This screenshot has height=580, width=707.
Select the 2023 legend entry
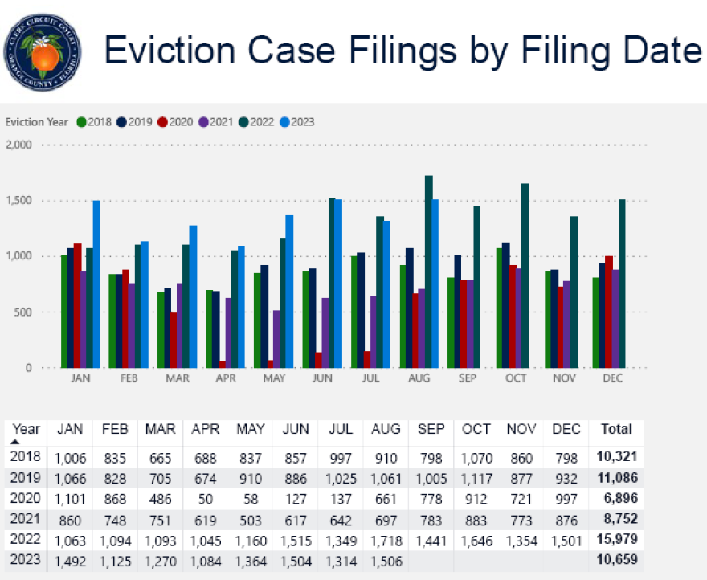tap(297, 122)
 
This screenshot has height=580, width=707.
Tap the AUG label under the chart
tap(418, 378)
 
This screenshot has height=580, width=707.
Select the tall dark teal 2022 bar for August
tap(429, 272)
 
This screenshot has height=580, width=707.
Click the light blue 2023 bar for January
tap(96, 284)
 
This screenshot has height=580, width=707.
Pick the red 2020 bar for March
tap(173, 340)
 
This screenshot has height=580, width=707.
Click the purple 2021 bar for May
tap(277, 339)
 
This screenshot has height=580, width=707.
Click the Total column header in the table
tap(617, 429)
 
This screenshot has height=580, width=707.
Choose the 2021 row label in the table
tap(26, 517)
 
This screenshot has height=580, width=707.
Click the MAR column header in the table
tap(161, 429)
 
